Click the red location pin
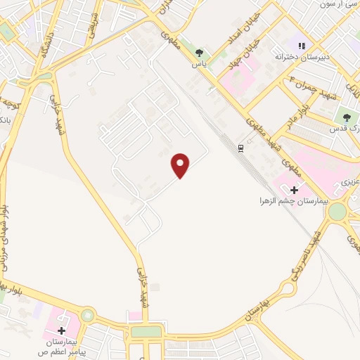click(181, 165)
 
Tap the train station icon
click(240, 148)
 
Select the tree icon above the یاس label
click(200, 53)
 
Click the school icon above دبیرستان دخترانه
click(302, 46)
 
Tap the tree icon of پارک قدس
click(346, 117)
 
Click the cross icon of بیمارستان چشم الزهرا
click(294, 190)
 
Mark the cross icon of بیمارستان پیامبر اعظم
click(61, 330)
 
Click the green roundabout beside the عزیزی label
click(337, 211)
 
